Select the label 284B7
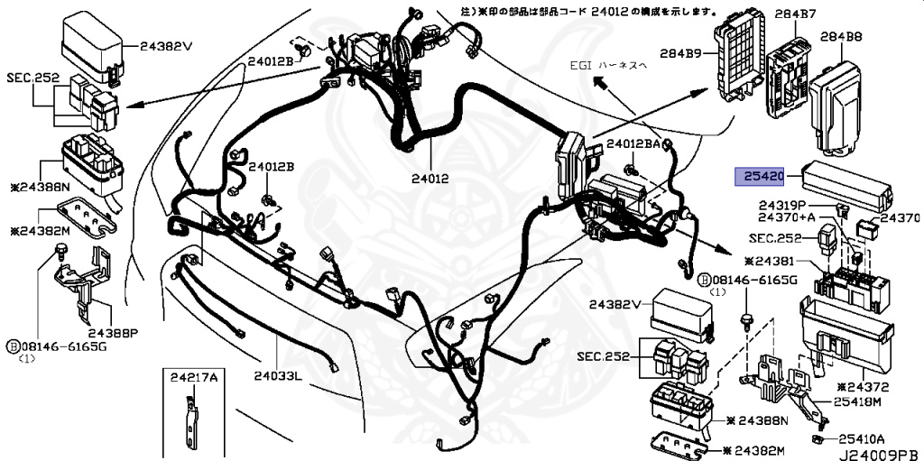pos(796,14)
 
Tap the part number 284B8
pos(840,37)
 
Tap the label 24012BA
pos(639,144)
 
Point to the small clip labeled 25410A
pos(817,438)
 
